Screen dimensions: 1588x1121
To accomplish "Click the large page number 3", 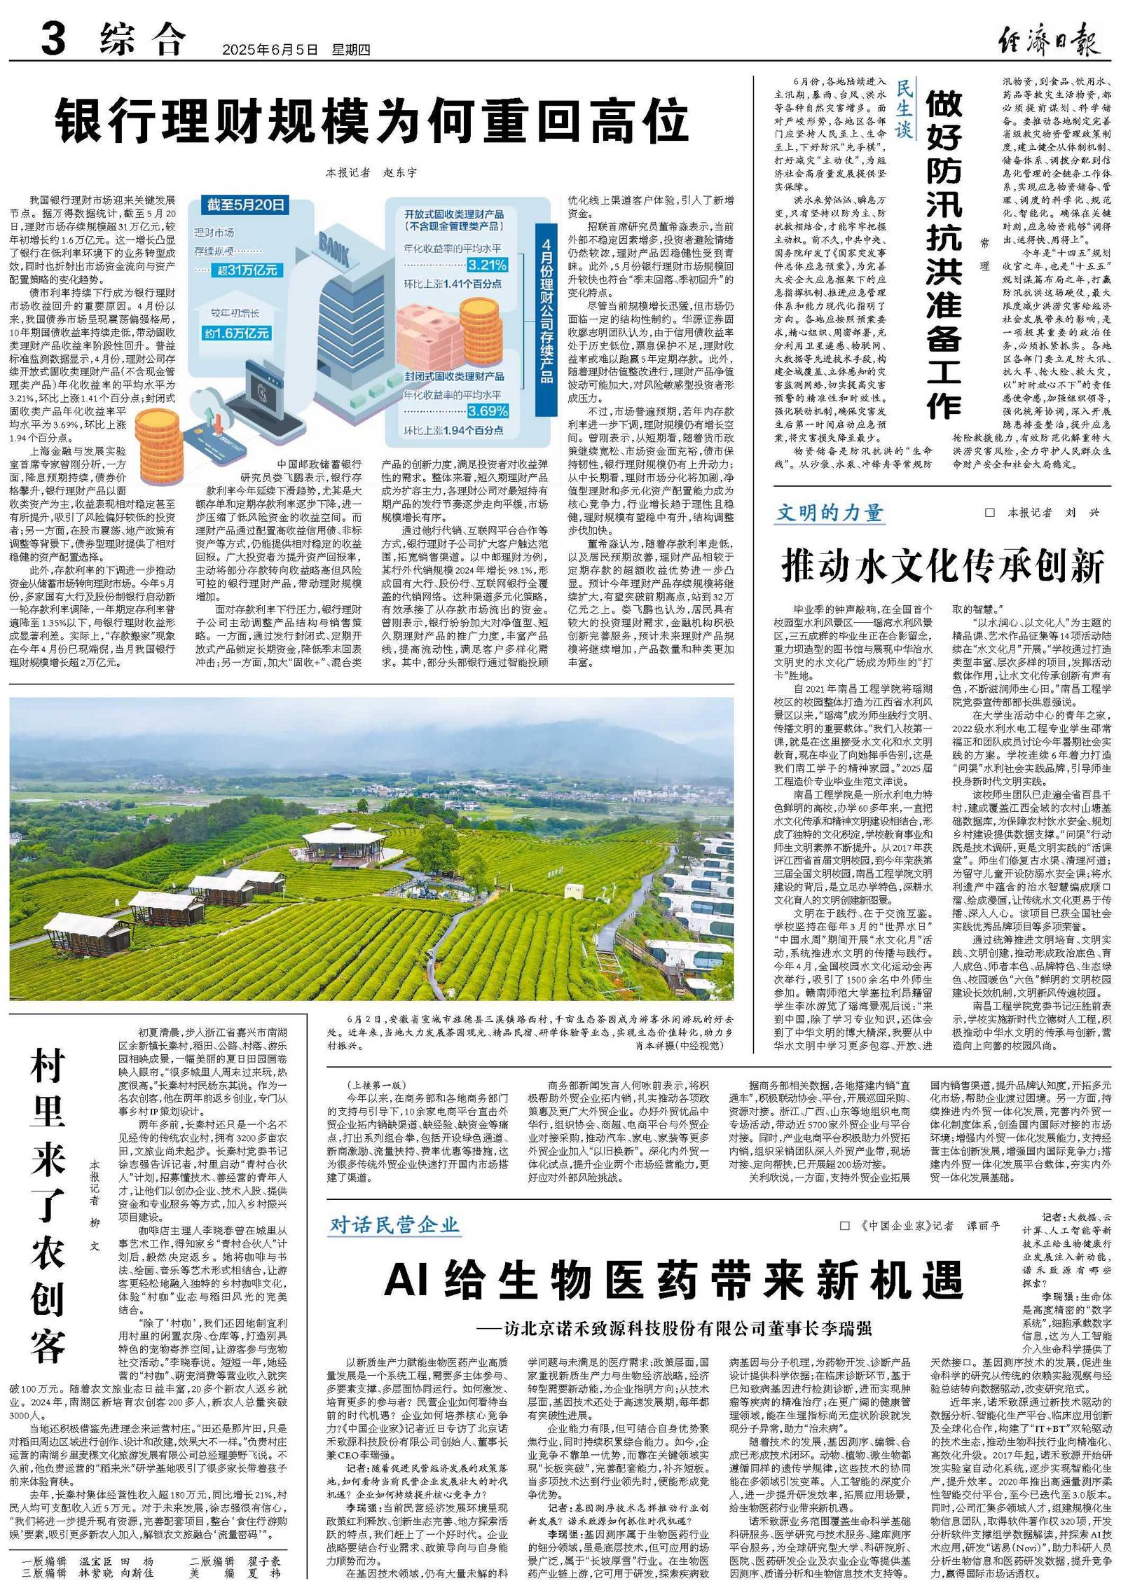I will point(53,38).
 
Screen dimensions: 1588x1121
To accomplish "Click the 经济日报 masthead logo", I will point(1049,39).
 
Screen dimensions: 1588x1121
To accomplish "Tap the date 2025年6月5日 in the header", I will point(270,50).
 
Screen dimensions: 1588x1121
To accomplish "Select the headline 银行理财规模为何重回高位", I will point(372,121).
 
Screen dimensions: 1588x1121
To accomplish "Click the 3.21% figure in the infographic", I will point(487,265).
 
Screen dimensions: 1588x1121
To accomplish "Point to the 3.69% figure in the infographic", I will point(488,410).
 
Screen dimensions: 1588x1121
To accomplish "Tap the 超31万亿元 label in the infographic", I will point(247,270).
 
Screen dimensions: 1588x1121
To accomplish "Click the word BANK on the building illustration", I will point(335,249).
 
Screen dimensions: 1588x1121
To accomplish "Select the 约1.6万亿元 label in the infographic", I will point(237,333).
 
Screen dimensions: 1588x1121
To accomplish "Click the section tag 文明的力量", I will point(829,513).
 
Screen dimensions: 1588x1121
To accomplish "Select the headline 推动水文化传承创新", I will point(942,566).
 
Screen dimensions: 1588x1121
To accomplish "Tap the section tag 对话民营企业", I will point(394,1224).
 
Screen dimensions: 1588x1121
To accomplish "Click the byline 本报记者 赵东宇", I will point(371,172).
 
